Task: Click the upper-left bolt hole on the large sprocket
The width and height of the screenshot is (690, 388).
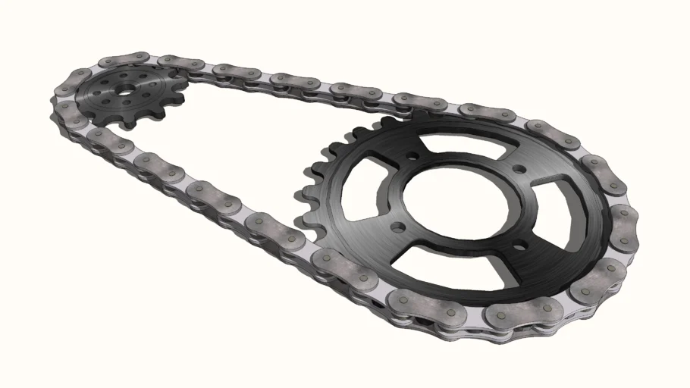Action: (411, 158)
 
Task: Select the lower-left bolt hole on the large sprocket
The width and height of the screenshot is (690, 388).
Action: (397, 225)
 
